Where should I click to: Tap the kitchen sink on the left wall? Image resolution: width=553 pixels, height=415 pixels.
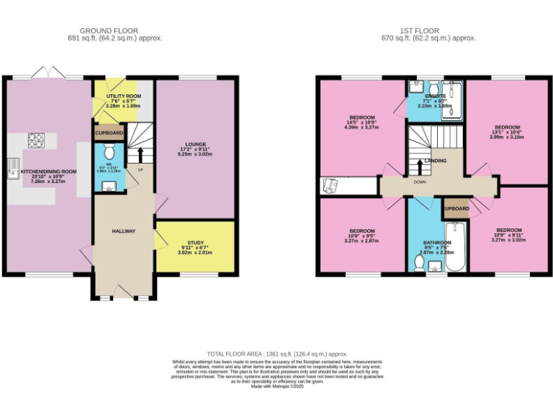12,169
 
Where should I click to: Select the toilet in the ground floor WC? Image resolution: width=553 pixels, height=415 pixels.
109,152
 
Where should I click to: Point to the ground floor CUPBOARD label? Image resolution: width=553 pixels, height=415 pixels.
109,133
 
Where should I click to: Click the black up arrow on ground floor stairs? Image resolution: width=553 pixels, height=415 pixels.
140,154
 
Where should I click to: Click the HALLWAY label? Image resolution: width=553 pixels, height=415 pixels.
124,231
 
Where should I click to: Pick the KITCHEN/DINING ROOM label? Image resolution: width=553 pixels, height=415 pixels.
48,171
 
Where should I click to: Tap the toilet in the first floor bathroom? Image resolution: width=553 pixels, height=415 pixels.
433,267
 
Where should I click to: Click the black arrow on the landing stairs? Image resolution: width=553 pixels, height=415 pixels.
420,166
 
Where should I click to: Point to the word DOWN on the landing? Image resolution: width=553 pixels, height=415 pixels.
421,182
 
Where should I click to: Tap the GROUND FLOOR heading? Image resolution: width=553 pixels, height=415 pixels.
115,31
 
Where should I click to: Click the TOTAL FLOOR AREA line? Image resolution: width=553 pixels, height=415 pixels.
276,354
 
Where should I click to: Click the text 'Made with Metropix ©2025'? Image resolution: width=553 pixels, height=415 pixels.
277,386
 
